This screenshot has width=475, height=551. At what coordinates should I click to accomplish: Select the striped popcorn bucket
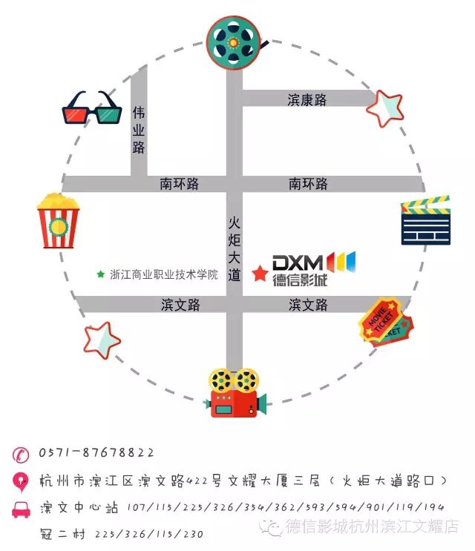click(58, 220)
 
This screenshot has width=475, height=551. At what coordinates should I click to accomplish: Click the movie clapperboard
click(425, 221)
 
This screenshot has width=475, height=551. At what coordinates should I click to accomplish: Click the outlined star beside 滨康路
click(386, 108)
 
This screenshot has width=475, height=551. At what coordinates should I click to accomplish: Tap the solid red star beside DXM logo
click(259, 274)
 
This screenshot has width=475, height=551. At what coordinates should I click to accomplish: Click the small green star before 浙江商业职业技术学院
click(100, 274)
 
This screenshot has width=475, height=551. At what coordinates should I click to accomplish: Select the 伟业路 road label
click(139, 130)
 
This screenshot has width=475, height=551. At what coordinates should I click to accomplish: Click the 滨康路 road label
click(307, 99)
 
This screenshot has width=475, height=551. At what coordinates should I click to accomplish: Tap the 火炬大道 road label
click(235, 248)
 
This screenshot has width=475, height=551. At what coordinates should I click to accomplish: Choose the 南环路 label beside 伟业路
click(180, 184)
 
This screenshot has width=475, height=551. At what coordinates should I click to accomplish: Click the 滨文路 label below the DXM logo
click(308, 304)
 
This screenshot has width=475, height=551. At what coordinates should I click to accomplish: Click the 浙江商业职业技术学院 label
click(164, 274)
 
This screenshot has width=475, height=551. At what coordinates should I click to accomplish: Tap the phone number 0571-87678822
click(96, 452)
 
